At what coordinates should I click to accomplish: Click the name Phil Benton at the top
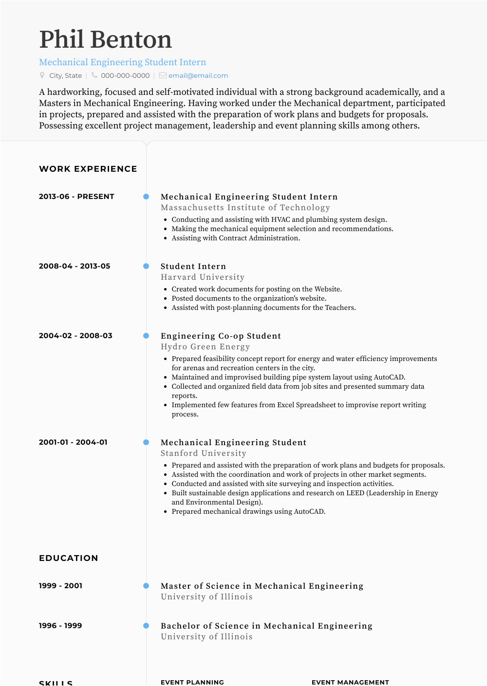(x=105, y=39)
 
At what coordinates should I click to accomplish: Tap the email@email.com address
(x=198, y=75)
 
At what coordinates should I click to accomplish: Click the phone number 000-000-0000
(x=125, y=75)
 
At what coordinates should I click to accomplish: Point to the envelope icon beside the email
(x=163, y=75)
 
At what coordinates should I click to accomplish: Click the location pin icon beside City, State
(x=42, y=75)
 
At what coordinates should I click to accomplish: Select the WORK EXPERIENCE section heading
(x=88, y=169)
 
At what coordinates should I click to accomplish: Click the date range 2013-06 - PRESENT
(x=76, y=197)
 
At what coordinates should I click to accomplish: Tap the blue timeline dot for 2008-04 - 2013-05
(x=146, y=266)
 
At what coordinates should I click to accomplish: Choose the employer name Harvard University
(x=203, y=277)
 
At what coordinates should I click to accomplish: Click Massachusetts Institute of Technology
(x=245, y=207)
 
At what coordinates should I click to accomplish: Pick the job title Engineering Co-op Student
(x=221, y=336)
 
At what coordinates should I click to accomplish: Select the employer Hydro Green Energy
(x=205, y=346)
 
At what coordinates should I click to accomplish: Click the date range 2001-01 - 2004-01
(x=73, y=442)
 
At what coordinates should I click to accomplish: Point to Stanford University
(x=204, y=453)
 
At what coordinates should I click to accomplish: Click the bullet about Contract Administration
(x=236, y=238)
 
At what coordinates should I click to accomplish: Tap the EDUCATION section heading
(x=68, y=558)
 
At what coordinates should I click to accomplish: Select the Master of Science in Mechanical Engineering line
(x=262, y=586)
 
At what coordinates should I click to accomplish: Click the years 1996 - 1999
(x=60, y=626)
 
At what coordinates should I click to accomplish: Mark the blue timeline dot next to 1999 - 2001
(x=146, y=586)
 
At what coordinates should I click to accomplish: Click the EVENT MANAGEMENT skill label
(x=350, y=682)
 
